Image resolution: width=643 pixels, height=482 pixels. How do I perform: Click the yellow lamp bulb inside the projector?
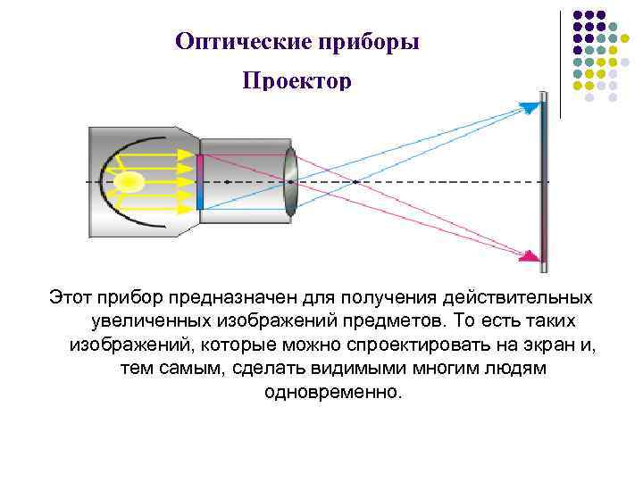point(129,182)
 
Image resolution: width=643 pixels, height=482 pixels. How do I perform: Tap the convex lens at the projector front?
point(290,182)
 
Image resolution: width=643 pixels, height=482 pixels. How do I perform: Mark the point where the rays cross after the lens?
point(355,182)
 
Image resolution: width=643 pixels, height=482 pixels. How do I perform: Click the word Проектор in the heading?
point(296,81)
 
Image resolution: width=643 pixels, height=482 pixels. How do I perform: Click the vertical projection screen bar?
point(543,182)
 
